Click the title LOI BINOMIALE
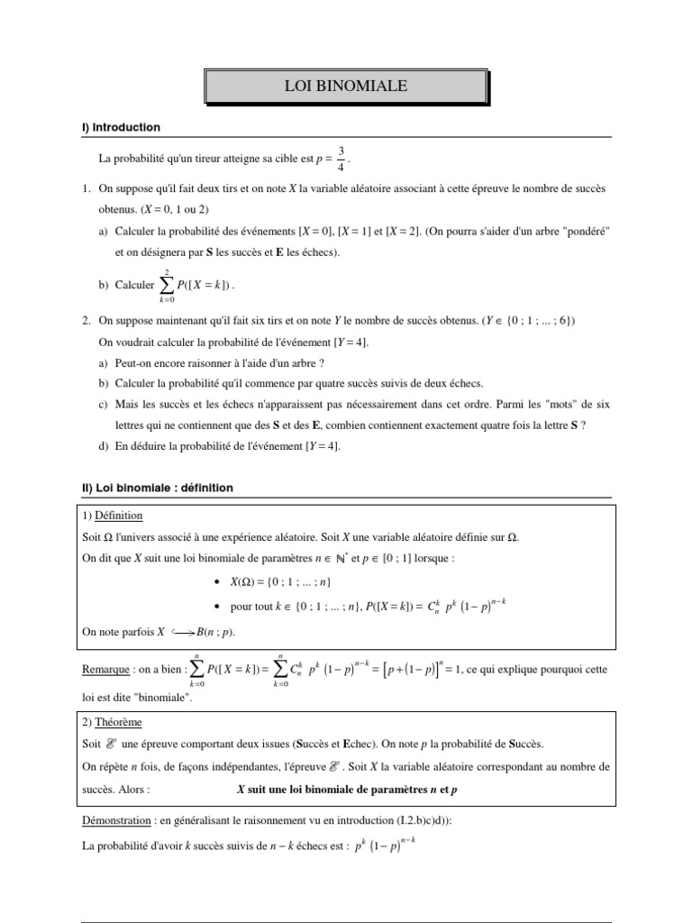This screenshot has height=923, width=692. [346, 87]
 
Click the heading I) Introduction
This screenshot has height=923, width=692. [121, 128]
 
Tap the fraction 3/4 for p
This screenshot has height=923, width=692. [341, 159]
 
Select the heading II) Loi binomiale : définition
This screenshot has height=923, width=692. [158, 488]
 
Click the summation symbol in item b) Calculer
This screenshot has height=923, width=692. [167, 286]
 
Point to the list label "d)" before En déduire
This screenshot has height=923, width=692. [104, 446]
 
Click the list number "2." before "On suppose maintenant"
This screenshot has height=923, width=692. [85, 320]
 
